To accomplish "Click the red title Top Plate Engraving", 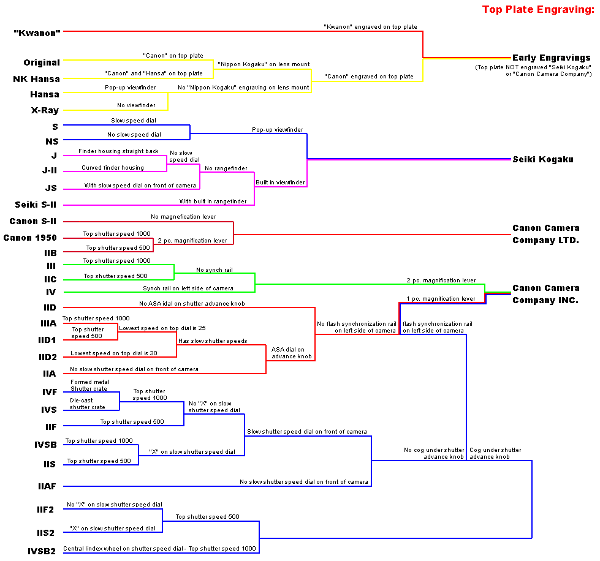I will [537, 9].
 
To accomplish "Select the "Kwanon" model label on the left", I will [37, 32].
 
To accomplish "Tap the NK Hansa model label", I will [36, 79].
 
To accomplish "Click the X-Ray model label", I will [45, 110].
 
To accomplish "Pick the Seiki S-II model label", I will [37, 205].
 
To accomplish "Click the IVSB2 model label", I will [41, 551].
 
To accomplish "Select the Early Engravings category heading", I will [552, 58].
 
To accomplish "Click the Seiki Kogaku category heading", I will [543, 159].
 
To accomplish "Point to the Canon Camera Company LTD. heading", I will [545, 234].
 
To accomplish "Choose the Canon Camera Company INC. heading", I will [545, 294].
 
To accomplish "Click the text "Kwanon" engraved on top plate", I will [370, 27].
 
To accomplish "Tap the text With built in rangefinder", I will [213, 201].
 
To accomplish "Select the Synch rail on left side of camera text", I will [188, 288].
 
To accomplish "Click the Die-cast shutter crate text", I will [87, 404].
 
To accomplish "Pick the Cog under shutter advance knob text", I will [495, 453].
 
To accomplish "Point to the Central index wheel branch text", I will [159, 549].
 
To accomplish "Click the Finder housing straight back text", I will [118, 151].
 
